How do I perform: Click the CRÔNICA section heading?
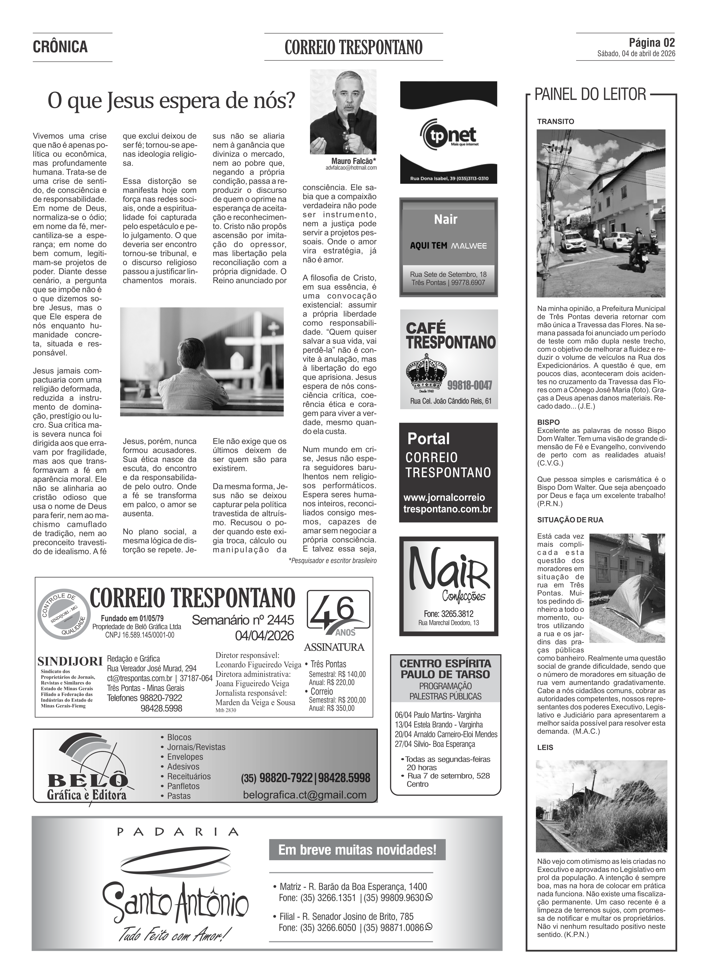(60, 47)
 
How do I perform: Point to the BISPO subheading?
(548, 422)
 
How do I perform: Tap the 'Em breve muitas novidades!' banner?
(357, 850)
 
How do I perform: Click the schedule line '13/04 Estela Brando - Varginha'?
(438, 724)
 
